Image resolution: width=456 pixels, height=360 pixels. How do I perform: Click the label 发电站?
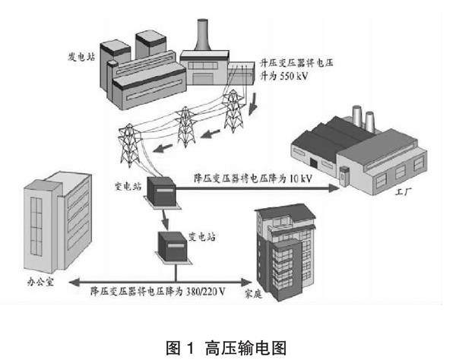(85, 56)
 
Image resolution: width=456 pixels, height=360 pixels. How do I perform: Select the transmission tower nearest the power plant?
(233, 108)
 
